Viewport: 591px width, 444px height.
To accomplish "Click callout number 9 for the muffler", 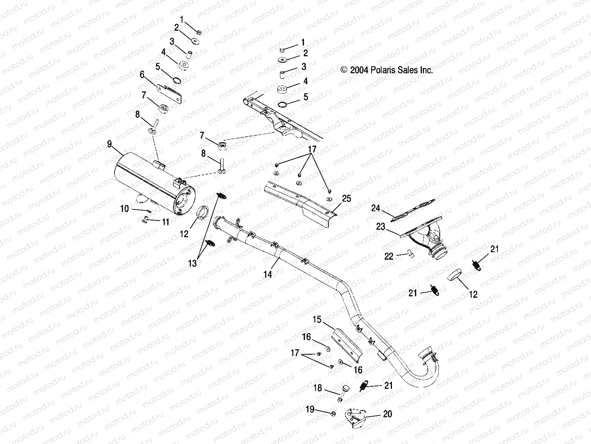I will click(109, 144).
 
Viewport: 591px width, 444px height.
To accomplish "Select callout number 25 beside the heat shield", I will click(346, 199).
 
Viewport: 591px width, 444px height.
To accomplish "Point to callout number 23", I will click(381, 227).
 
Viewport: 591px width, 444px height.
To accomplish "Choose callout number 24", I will click(376, 209).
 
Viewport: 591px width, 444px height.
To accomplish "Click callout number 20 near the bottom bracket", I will click(387, 414).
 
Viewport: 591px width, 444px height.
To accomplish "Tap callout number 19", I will click(310, 410).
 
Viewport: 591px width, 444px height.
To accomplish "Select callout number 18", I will click(318, 388).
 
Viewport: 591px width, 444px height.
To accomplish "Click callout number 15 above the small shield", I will click(317, 319).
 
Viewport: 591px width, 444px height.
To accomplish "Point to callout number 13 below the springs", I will click(192, 263).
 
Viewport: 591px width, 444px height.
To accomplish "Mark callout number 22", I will click(389, 256).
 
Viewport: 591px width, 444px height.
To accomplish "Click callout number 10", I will click(124, 209).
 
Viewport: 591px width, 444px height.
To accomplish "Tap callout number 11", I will click(165, 222).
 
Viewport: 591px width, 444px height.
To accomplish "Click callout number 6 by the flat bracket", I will click(142, 75).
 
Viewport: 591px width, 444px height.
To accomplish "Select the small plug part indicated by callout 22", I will click(409, 253).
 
